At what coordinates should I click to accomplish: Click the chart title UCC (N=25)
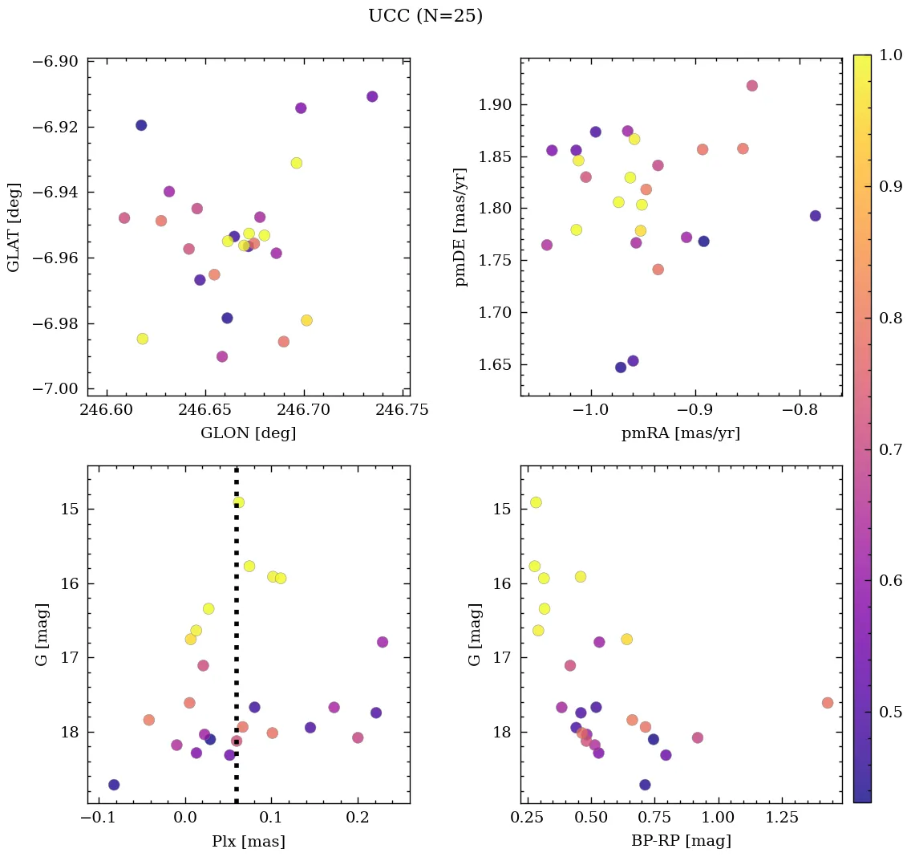click(x=425, y=16)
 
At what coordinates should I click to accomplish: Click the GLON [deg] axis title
click(x=248, y=433)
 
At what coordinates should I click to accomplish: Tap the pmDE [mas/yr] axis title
click(x=460, y=227)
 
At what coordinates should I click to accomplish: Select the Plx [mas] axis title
click(x=248, y=842)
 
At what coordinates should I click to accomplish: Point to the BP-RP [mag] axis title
click(x=681, y=842)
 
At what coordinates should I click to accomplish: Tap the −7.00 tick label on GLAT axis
click(x=55, y=389)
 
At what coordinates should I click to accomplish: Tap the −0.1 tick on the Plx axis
click(x=99, y=818)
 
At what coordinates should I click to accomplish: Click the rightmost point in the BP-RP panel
click(x=828, y=703)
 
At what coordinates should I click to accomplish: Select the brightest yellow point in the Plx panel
click(x=238, y=502)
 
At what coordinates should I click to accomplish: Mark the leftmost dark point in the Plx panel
click(x=114, y=785)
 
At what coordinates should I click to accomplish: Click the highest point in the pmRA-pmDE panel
click(x=752, y=86)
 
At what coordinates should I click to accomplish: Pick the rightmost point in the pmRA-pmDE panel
click(x=816, y=216)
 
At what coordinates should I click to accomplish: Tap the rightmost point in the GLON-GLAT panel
click(x=372, y=97)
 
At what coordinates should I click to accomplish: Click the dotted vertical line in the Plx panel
click(x=236, y=642)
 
